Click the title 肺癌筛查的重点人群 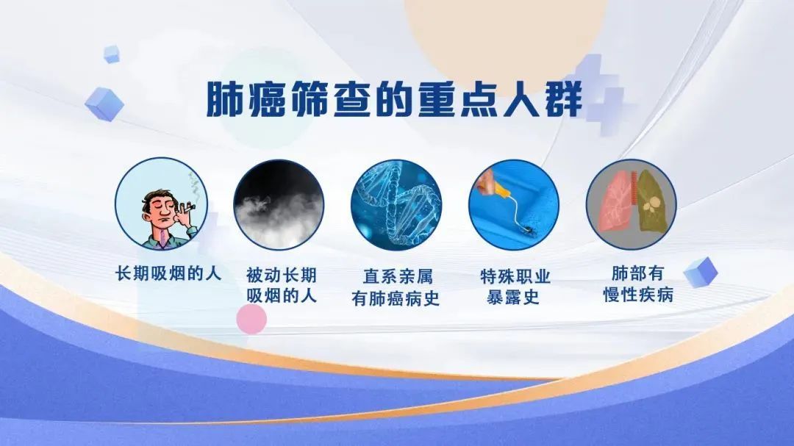[394, 99]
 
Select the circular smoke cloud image [279, 204]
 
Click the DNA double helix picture [396, 204]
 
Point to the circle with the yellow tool [514, 204]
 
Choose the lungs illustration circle [632, 204]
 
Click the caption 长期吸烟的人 [168, 274]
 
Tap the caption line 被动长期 [282, 276]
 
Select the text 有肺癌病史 [396, 298]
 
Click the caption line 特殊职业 [515, 276]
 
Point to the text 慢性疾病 [638, 295]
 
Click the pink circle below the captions [251, 320]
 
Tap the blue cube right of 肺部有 [701, 273]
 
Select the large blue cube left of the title [104, 104]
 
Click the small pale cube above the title [112, 54]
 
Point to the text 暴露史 [512, 297]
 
